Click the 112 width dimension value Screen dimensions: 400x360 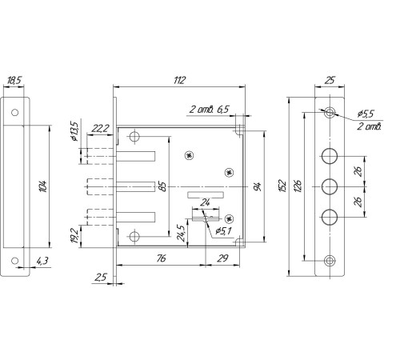179,80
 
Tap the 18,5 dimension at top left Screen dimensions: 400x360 14,80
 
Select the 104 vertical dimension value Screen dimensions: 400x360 43,186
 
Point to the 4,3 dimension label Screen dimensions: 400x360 42,261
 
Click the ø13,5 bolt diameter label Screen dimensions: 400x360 74,131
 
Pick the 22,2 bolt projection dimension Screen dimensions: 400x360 100,129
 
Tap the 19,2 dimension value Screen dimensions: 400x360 75,236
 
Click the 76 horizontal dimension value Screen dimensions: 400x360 161,258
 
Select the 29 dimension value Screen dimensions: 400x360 222,258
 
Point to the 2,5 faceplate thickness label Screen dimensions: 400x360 101,278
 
